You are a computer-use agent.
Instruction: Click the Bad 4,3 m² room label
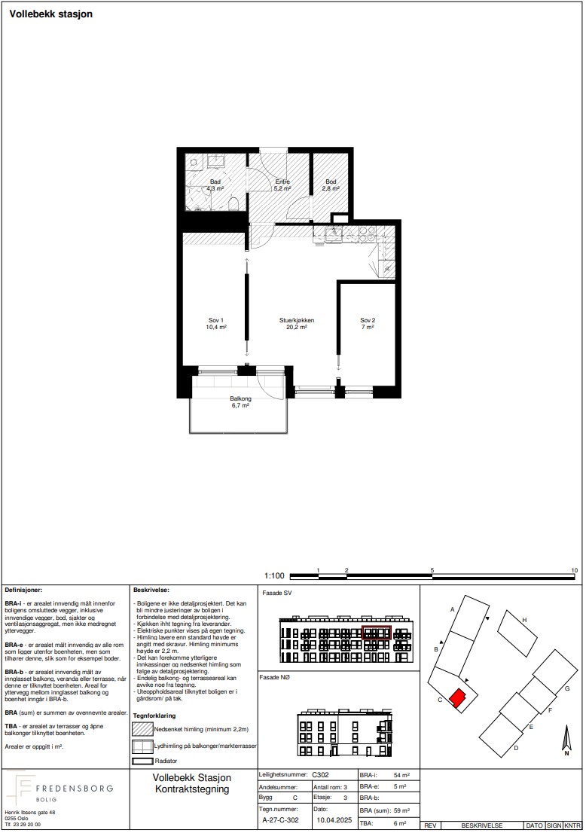pos(215,185)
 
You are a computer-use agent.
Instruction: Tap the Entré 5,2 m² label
pos(282,185)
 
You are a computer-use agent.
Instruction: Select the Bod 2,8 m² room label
pos(331,185)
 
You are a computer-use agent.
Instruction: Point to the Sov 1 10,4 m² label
pos(216,324)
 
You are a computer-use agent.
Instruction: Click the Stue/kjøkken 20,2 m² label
pos(297,324)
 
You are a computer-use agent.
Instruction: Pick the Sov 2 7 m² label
pos(368,324)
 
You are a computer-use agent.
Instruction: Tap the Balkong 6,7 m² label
pos(241,401)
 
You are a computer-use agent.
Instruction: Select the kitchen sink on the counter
pos(334,232)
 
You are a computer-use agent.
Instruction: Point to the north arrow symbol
pos(567,742)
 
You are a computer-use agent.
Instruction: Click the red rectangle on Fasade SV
pos(376,633)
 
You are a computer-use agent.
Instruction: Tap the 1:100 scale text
pos(274,575)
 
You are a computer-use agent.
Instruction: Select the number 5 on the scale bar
pos(432,570)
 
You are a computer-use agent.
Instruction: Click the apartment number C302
pos(320,774)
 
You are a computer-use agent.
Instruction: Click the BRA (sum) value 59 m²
pos(401,810)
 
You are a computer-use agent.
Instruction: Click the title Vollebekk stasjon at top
pos(51,14)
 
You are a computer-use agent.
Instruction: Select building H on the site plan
pos(518,633)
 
